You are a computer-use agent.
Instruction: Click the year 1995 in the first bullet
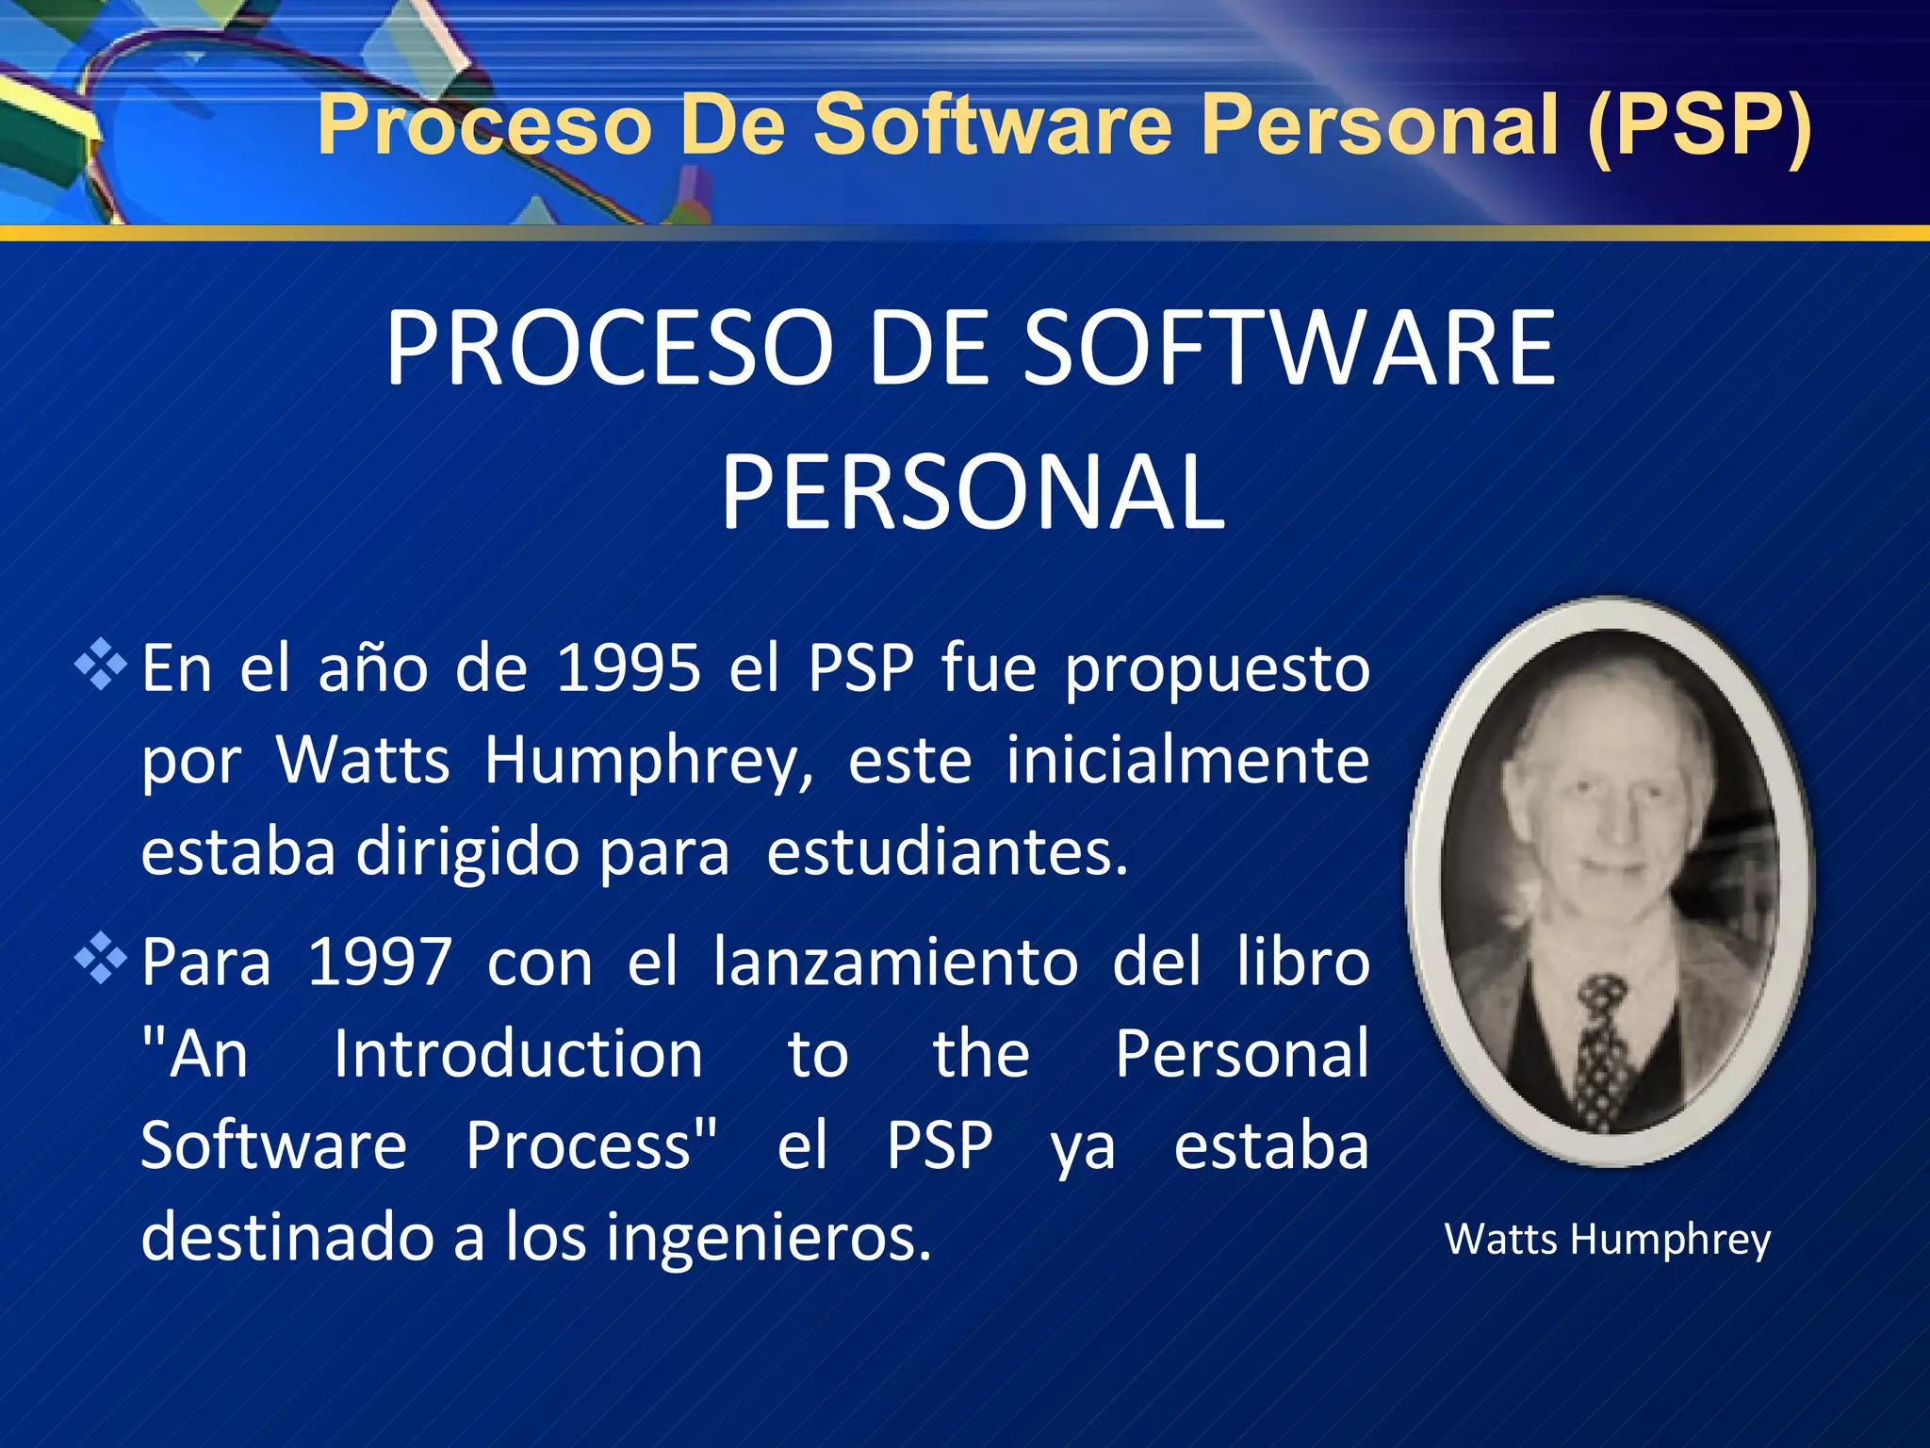629,669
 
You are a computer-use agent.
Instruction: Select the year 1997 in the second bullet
380,963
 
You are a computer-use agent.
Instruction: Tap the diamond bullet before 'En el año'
101,665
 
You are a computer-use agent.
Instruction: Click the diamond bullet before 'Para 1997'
101,959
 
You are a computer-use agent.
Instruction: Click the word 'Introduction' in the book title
518,1054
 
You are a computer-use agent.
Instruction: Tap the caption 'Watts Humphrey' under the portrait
1608,1240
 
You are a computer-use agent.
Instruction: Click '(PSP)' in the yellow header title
1699,125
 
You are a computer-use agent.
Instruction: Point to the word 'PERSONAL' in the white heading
973,492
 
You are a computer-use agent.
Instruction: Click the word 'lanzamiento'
895,963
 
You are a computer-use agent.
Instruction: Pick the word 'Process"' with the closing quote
592,1146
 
